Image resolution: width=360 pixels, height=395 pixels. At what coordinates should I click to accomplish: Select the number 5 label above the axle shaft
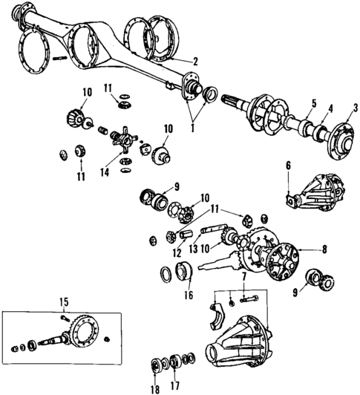(293, 103)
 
